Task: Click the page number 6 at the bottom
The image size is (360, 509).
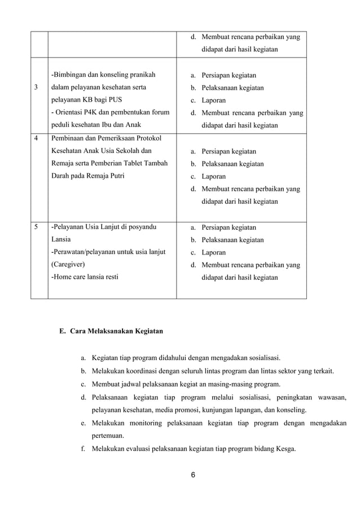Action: [192, 474]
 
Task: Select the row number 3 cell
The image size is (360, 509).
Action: [37, 87]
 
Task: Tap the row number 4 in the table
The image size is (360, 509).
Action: [37, 139]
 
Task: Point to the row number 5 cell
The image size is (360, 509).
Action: [37, 227]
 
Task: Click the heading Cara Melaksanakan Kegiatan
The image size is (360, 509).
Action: [117, 331]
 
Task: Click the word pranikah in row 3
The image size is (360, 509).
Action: [141, 75]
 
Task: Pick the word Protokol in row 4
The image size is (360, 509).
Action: [153, 139]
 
